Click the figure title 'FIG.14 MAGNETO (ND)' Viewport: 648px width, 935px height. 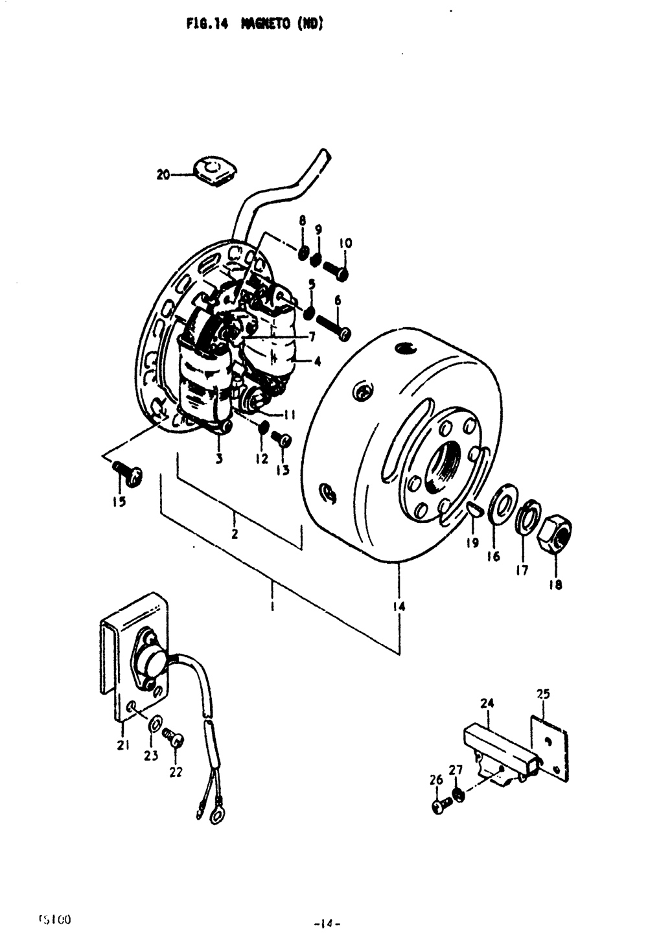(x=255, y=25)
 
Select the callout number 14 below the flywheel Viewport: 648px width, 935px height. (x=399, y=606)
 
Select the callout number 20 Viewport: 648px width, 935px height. (x=163, y=174)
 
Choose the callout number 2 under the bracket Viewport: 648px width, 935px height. (x=235, y=534)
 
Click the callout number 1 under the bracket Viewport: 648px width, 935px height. (x=273, y=607)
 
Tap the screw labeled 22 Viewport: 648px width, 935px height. (x=174, y=739)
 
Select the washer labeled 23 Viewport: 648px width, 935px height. (x=156, y=724)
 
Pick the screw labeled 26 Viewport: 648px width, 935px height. (x=439, y=807)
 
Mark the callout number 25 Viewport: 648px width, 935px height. (x=543, y=694)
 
